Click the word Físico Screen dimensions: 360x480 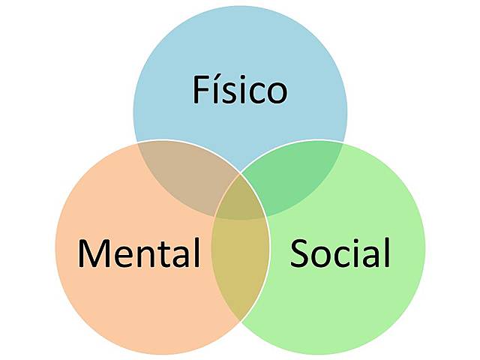pyautogui.click(x=240, y=90)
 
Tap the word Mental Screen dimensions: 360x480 pyautogui.click(x=139, y=253)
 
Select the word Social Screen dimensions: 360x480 pyautogui.click(x=340, y=253)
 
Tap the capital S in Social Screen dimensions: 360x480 pyautogui.click(x=299, y=253)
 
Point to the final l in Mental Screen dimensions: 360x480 pyautogui.click(x=196, y=252)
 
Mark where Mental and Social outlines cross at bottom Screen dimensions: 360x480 pyautogui.click(x=240, y=321)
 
